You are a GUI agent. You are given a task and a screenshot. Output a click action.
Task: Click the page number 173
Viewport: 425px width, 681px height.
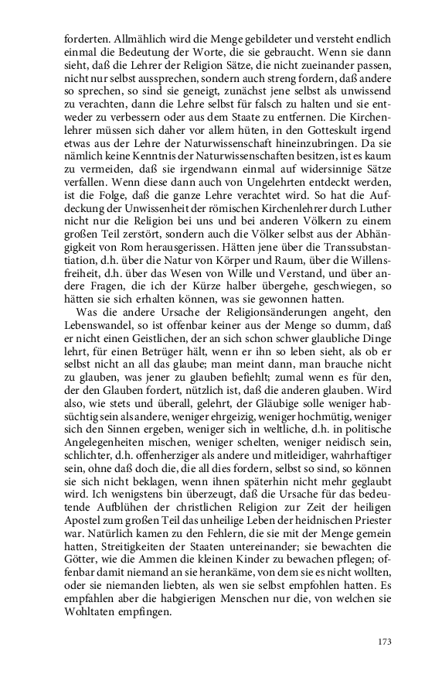coord(386,641)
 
